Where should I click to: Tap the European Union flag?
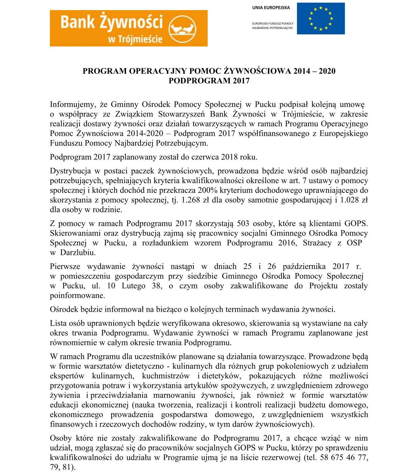321,19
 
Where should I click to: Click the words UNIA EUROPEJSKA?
271,7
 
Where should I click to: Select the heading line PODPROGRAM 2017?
209,81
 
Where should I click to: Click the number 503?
243,224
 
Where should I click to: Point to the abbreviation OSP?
354,243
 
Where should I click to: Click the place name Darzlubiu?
78,252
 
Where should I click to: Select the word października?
304,267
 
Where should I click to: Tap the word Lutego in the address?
134,286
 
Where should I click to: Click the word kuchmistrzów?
166,376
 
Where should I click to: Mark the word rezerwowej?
281,458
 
